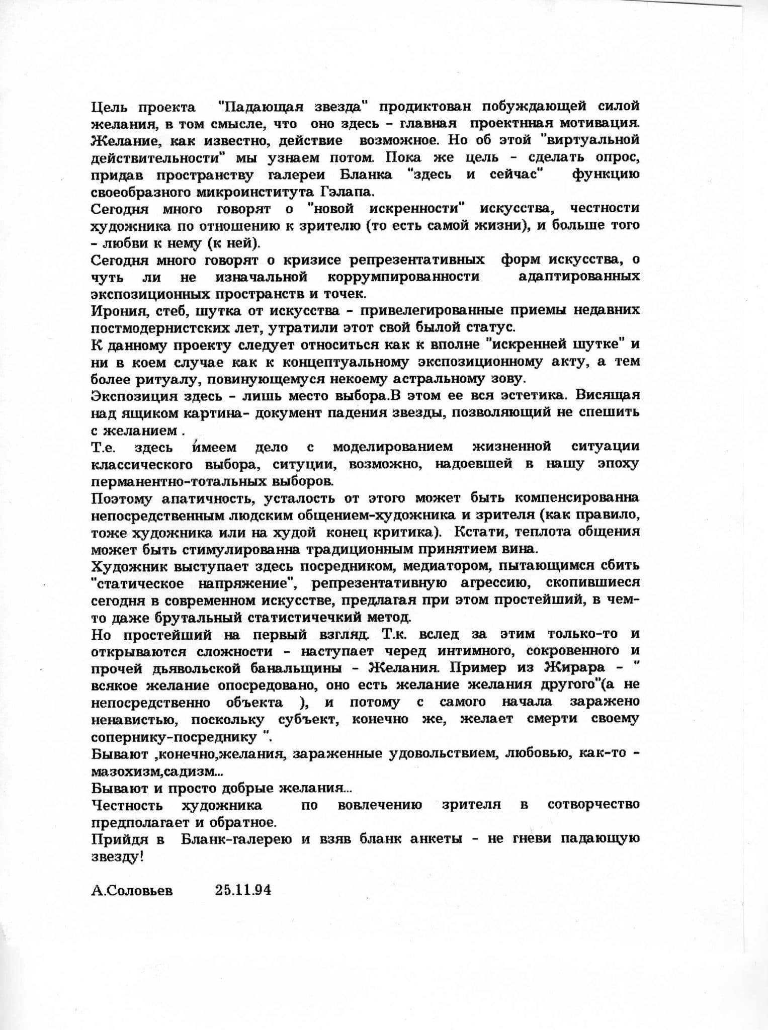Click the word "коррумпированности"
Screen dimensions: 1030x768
click(403, 277)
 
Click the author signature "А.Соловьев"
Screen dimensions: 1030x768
click(132, 891)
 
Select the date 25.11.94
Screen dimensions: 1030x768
click(243, 890)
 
